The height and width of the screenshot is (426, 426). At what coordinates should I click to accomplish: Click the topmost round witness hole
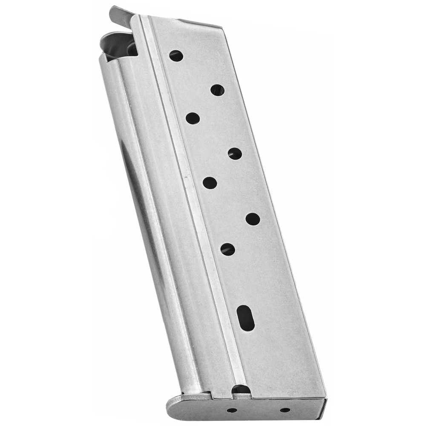click(x=176, y=56)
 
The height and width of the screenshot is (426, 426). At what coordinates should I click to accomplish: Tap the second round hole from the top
click(x=217, y=90)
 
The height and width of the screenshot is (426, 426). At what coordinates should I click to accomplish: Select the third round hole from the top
click(x=193, y=118)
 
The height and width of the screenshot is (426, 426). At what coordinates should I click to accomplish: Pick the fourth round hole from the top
click(x=235, y=154)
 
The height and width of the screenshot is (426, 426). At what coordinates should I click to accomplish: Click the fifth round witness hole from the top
click(x=210, y=183)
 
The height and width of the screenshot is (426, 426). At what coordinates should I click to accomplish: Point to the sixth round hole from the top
click(x=253, y=219)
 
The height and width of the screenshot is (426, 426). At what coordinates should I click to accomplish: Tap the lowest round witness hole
click(x=227, y=249)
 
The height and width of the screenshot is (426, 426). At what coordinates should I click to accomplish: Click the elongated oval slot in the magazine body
click(x=245, y=317)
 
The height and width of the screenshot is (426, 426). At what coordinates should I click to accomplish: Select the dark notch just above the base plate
click(x=241, y=389)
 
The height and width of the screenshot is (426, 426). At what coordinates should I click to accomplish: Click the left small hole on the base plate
click(x=232, y=410)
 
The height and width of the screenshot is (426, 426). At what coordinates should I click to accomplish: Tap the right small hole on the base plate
click(x=285, y=410)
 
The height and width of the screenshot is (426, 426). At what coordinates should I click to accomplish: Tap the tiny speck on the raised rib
click(x=184, y=176)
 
